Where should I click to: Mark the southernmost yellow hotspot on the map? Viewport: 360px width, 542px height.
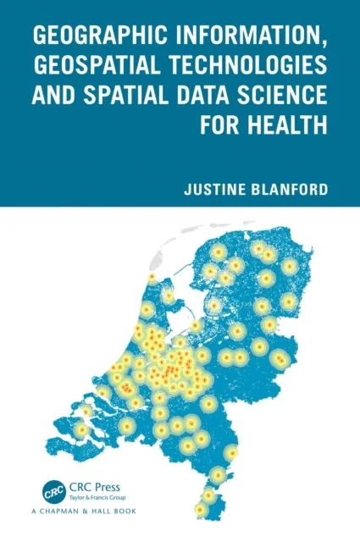click(x=200, y=510)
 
